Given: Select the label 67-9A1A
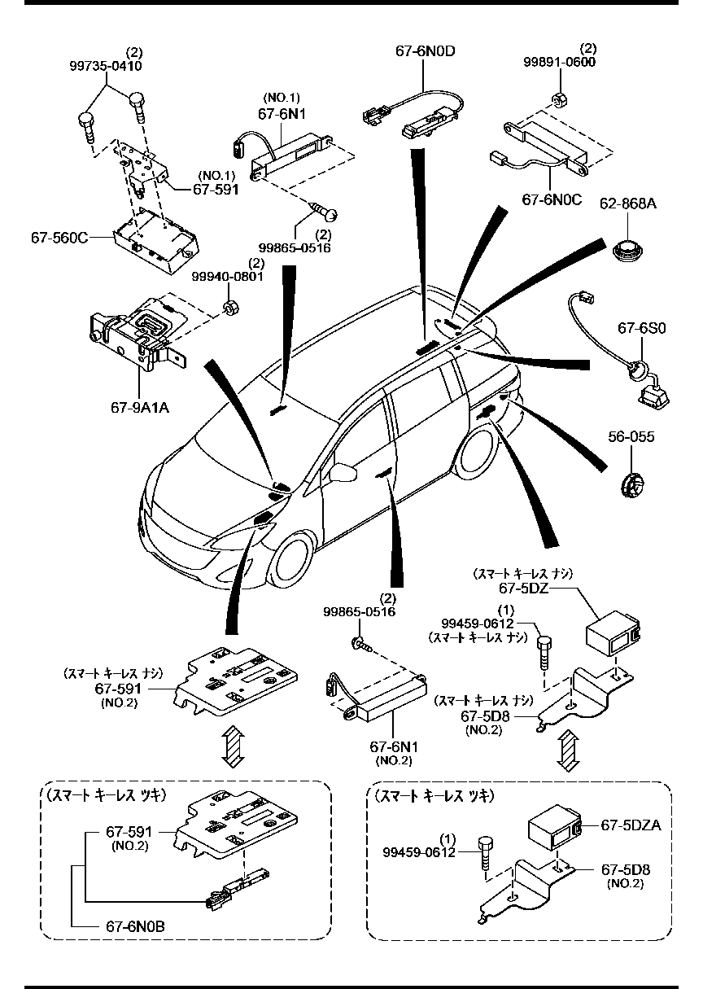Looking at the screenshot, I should click(x=139, y=406).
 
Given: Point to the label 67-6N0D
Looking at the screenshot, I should click(x=425, y=51).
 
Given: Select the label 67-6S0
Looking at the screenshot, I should click(x=641, y=328).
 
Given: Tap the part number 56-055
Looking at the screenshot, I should click(x=631, y=438).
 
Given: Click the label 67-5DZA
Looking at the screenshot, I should click(x=630, y=825).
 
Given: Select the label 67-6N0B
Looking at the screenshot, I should click(x=134, y=926).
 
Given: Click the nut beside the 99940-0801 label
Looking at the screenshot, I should click(x=229, y=308).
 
